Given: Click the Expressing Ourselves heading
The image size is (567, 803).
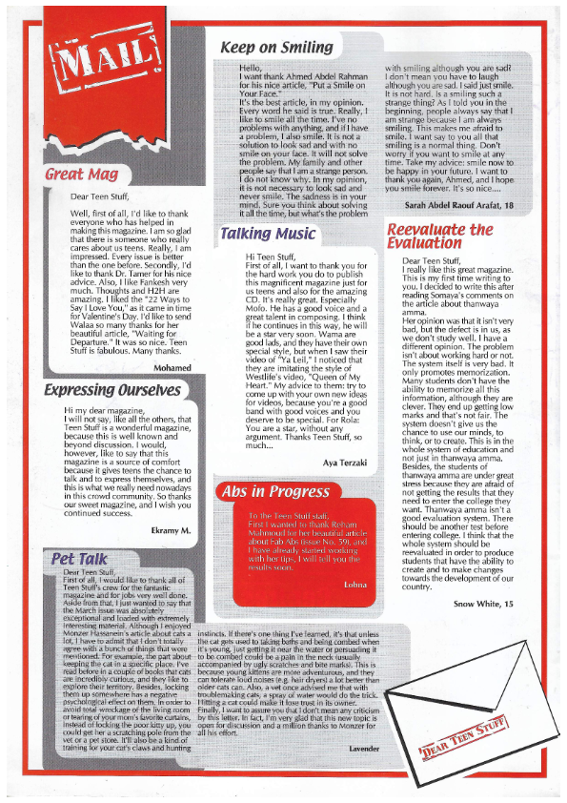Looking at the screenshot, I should (112, 389).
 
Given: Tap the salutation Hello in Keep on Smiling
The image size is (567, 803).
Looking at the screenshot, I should (251, 68).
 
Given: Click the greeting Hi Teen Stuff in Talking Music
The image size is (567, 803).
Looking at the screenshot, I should (271, 257).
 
